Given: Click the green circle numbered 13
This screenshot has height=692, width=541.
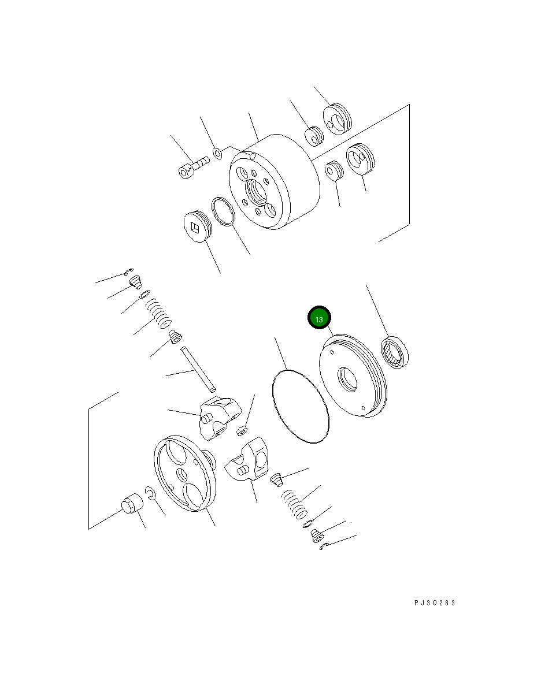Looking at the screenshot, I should pos(319,318).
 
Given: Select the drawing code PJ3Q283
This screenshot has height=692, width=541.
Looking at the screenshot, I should pos(435,602).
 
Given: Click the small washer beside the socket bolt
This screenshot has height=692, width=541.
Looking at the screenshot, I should pos(218,153).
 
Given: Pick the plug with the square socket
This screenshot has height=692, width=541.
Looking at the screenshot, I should pos(196,226).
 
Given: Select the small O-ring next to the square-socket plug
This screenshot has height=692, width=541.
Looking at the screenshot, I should pos(223,212).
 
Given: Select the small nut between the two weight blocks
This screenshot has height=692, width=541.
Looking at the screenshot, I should pos(243,429).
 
